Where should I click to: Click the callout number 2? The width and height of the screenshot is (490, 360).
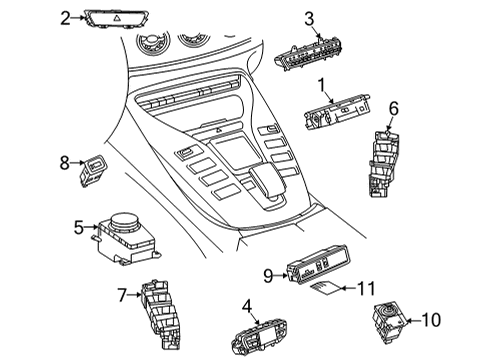click(x=65, y=18)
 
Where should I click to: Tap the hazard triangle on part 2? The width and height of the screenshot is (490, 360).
click(x=117, y=19)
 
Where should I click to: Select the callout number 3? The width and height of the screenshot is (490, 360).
click(x=309, y=19)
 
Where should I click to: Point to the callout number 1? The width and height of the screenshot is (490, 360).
click(x=321, y=85)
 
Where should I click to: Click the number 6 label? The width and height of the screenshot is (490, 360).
click(x=394, y=109)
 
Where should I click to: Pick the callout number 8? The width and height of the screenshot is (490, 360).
click(x=64, y=163)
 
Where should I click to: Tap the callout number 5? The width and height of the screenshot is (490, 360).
click(x=79, y=228)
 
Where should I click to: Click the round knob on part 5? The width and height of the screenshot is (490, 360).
click(x=124, y=220)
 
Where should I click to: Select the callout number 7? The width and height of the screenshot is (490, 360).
click(x=122, y=295)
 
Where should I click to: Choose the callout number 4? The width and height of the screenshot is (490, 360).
click(x=247, y=307)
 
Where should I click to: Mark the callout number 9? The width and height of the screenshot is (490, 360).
click(x=268, y=276)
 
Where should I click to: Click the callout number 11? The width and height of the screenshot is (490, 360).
click(x=366, y=288)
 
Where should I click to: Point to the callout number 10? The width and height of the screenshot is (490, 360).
click(x=431, y=320)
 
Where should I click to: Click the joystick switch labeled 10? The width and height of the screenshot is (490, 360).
click(x=389, y=321)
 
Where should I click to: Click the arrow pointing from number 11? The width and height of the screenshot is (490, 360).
click(x=349, y=288)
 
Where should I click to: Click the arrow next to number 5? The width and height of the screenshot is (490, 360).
click(x=91, y=227)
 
